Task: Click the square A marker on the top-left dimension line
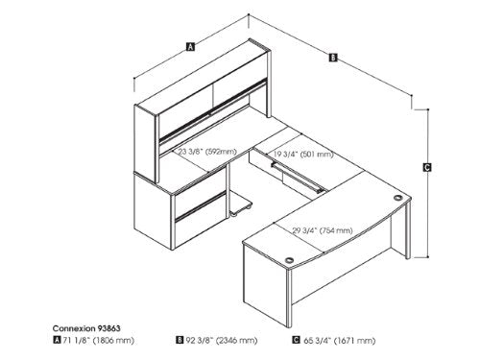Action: coord(190,45)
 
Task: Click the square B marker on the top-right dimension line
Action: coord(332,57)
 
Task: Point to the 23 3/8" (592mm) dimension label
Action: coord(206,151)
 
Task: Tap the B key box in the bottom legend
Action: coord(180,341)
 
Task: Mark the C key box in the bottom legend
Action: coord(297,341)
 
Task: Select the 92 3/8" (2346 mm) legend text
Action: coord(223,341)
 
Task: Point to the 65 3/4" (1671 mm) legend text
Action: coord(339,341)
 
